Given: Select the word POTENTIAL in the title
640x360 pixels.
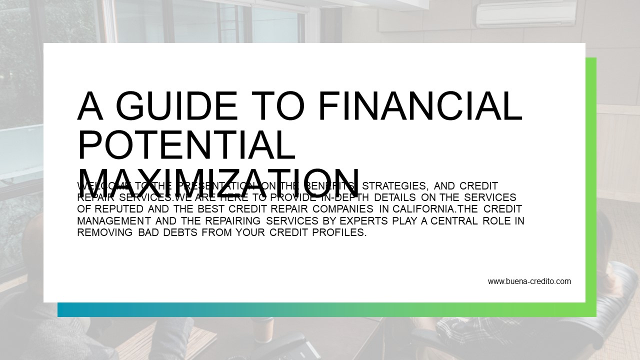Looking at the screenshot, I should (x=186, y=144).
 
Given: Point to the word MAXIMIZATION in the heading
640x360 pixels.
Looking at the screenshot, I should (x=218, y=181).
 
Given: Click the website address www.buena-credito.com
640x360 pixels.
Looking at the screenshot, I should (x=529, y=281).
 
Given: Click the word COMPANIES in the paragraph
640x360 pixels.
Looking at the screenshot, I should (x=343, y=209).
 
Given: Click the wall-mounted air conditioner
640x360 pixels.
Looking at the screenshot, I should (x=526, y=14).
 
